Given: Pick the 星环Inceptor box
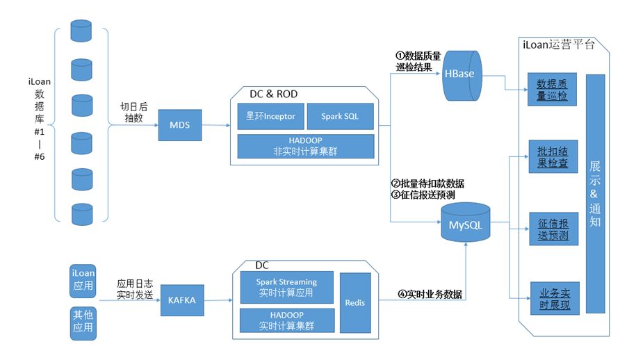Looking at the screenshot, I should (x=270, y=116).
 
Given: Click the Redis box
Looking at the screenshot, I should (x=355, y=302).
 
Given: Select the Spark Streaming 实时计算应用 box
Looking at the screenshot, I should (x=286, y=288).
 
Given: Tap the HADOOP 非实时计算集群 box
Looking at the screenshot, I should (x=305, y=146).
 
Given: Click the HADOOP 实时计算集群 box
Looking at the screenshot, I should (x=286, y=320).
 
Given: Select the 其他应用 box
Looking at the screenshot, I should (x=83, y=322).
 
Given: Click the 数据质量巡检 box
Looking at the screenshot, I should (x=553, y=90).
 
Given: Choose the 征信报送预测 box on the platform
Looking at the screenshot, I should (x=553, y=229).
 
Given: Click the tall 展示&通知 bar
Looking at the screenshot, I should (x=595, y=194).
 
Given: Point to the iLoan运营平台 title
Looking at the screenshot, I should (x=559, y=44).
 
